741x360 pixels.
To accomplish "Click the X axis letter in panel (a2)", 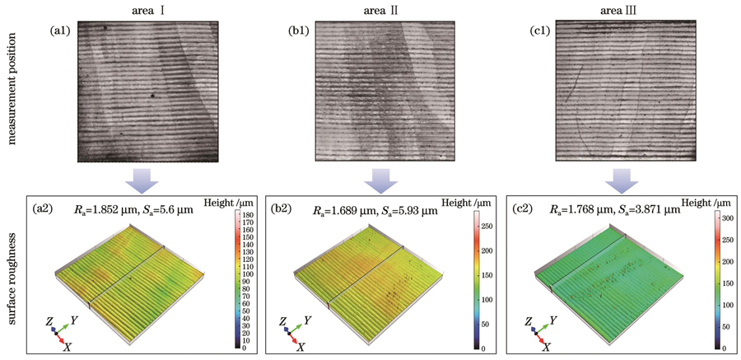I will coord(66,346).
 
